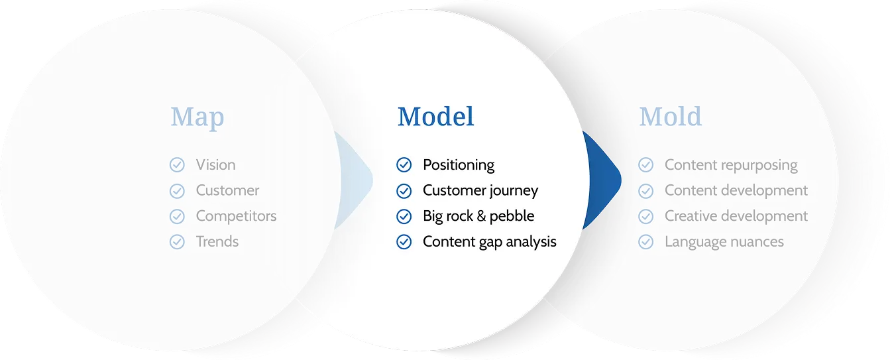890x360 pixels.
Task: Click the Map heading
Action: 197,117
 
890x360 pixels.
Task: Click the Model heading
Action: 436,117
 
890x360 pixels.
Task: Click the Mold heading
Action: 670,117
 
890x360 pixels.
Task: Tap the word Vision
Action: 216,164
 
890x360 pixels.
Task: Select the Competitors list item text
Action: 236,215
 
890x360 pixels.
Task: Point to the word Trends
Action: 217,241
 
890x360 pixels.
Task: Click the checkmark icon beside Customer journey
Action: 404,191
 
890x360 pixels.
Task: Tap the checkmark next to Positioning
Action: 404,164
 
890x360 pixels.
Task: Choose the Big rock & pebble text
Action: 478,215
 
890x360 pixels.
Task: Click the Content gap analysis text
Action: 490,241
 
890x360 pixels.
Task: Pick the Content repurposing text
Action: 731,165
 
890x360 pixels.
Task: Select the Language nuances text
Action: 724,241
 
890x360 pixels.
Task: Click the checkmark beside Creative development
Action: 646,216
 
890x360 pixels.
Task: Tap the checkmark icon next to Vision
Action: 177,164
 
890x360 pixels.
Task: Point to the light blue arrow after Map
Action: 355,180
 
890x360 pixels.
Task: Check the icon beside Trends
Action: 177,241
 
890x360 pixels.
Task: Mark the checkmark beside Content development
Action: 646,191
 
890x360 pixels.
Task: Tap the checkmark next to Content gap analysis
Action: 404,241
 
